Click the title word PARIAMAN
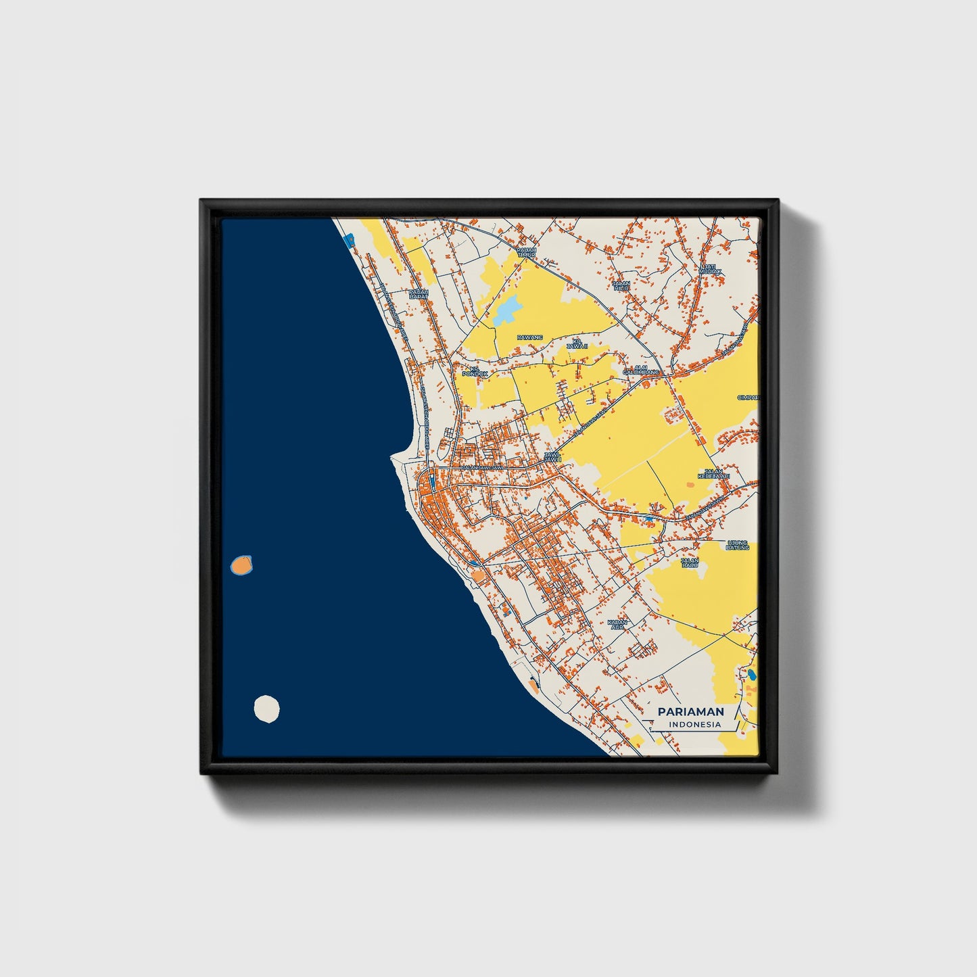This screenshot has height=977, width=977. (690, 711)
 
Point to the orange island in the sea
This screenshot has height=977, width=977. (241, 564)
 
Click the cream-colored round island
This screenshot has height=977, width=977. (266, 710)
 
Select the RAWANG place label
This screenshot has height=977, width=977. (529, 337)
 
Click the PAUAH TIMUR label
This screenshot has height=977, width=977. (526, 252)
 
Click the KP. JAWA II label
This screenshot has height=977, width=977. (577, 343)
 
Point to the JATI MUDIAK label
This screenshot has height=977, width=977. (709, 268)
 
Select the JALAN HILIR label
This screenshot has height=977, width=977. (621, 285)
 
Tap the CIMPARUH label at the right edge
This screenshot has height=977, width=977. (748, 397)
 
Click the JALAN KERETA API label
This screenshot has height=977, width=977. (713, 474)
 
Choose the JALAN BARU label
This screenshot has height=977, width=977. (690, 562)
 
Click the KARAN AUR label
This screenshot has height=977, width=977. (617, 624)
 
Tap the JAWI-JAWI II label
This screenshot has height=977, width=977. (552, 457)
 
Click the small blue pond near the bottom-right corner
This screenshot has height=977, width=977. (751, 673)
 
